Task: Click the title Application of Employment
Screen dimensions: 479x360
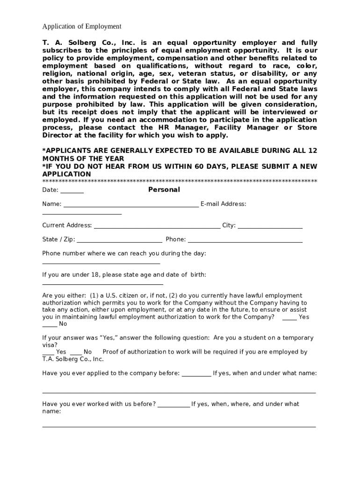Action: click(82, 27)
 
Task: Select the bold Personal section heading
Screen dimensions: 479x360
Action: click(164, 189)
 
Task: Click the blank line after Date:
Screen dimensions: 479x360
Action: click(72, 192)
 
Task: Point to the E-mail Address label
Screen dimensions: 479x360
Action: click(223, 204)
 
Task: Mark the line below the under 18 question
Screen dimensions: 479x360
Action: click(102, 284)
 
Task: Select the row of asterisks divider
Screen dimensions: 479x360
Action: click(180, 181)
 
